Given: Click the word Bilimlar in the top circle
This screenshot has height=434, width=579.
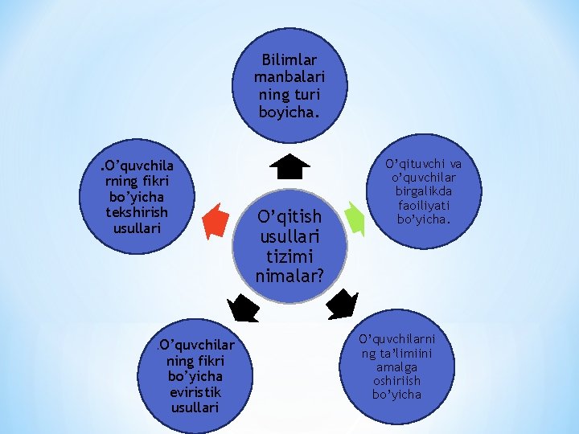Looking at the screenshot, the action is pyautogui.click(x=289, y=60).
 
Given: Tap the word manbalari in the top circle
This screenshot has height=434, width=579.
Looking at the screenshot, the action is pyautogui.click(x=289, y=78).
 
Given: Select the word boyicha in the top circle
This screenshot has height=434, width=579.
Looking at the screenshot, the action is pyautogui.click(x=288, y=112).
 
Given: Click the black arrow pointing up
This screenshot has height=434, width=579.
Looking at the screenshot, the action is pyautogui.click(x=289, y=166).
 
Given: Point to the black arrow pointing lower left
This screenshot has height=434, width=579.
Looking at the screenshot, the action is pyautogui.click(x=243, y=308).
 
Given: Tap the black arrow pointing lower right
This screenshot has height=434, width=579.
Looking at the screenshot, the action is pyautogui.click(x=343, y=304).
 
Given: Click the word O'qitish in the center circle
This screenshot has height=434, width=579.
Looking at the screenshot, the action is pyautogui.click(x=289, y=217).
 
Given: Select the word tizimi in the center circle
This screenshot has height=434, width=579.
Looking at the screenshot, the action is pyautogui.click(x=289, y=257).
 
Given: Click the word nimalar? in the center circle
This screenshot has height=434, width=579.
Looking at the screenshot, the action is pyautogui.click(x=289, y=276).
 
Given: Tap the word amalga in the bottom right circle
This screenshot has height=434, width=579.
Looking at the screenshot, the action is pyautogui.click(x=396, y=366).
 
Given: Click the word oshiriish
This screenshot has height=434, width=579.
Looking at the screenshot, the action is pyautogui.click(x=396, y=380).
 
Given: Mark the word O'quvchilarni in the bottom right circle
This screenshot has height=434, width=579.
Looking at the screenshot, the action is pyautogui.click(x=396, y=339).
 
